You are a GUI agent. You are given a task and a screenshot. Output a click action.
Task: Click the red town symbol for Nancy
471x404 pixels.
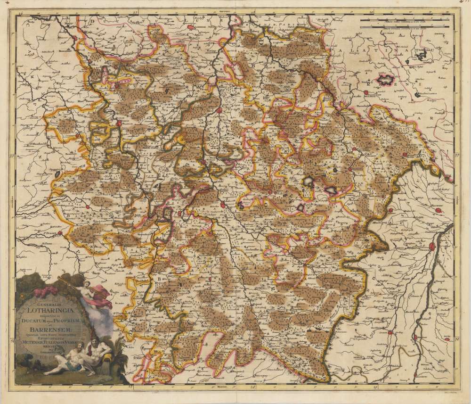click(222, 204)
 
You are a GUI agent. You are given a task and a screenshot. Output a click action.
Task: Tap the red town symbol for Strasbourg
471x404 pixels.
click(431, 245)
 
